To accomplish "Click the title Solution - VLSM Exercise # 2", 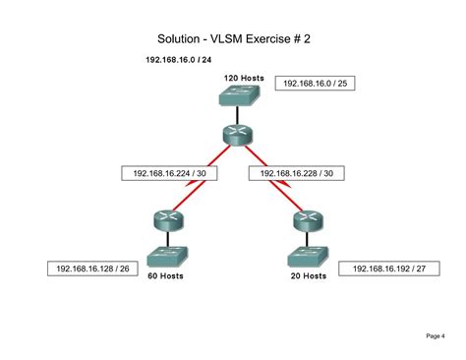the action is pos(234,39).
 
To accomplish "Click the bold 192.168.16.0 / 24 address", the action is pos(179,60).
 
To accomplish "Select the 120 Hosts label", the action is pos(244,78).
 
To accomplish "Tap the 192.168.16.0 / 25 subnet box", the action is pos(315,84).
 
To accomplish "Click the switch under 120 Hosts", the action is pos(240,95).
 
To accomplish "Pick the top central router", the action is pos(238,134).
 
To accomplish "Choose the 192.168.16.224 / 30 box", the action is pos(169,173).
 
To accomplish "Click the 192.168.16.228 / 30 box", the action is pos(297,173).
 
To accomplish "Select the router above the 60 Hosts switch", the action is pos(168,219).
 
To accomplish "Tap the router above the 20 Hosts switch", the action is pos(308,220).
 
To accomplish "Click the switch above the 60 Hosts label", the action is pos(167,257).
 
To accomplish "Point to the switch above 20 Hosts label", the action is pos(308,257).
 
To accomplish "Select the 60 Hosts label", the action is pos(165,275).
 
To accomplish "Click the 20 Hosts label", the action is pos(309,275).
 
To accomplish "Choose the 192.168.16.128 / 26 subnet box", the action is pos(92,269).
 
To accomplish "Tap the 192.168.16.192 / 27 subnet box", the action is pos(389,269).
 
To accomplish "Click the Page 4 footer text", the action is pos(436,335).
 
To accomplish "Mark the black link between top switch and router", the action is pos(237,115).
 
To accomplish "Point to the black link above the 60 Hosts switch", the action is pos(168,239).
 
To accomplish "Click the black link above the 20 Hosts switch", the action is pos(307,239).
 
